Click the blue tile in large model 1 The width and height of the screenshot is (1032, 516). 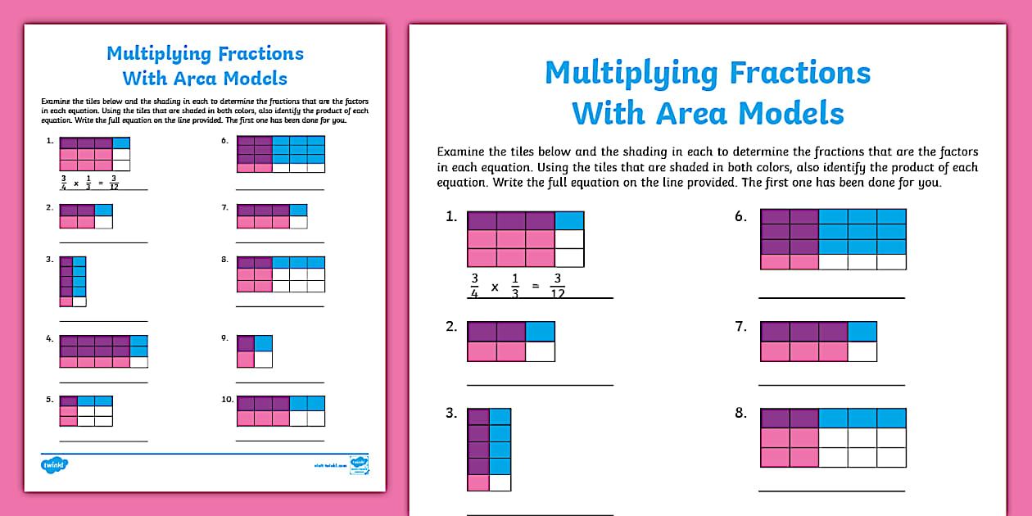(569, 220)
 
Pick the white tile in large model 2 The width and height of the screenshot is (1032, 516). (540, 351)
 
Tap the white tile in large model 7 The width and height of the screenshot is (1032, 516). (862, 351)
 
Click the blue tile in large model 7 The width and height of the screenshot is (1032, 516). (862, 331)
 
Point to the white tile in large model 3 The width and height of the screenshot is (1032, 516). (500, 482)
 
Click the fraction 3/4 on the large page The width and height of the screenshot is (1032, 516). (474, 287)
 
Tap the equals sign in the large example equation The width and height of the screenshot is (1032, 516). (533, 287)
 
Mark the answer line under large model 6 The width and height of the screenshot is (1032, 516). (831, 297)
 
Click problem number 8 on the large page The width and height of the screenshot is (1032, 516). (740, 414)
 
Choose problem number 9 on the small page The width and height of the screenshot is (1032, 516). (224, 337)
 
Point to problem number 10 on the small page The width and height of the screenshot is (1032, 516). (225, 400)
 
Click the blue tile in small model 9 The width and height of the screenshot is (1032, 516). (263, 343)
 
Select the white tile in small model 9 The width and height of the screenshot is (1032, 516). (263, 359)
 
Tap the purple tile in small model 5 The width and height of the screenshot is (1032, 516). (68, 401)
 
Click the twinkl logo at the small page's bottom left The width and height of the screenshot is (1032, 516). (54, 464)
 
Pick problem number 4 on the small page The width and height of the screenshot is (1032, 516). (49, 337)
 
